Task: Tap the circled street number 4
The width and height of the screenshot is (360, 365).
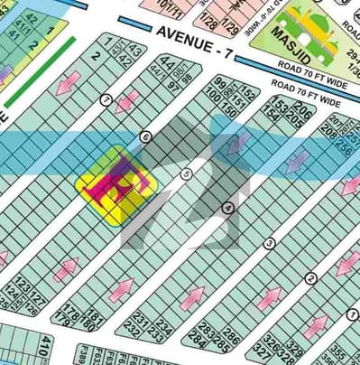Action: tap(228, 208)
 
